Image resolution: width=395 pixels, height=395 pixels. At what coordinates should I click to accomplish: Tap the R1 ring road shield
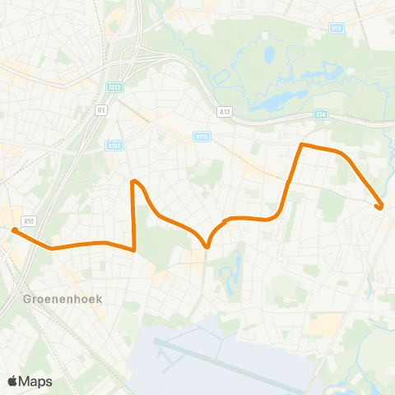[101, 109]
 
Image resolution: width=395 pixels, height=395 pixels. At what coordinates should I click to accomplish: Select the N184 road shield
[114, 146]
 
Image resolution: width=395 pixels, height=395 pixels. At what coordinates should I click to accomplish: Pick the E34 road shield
[321, 114]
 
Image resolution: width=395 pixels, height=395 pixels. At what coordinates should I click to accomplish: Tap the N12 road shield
[336, 27]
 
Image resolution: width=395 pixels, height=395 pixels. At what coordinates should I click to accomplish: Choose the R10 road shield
[29, 221]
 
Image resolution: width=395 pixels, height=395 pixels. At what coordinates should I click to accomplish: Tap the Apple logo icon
[12, 381]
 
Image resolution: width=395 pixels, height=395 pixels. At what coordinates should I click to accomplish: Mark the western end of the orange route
[14, 231]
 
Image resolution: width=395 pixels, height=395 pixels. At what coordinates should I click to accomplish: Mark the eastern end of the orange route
[379, 207]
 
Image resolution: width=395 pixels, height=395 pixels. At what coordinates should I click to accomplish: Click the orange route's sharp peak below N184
[133, 180]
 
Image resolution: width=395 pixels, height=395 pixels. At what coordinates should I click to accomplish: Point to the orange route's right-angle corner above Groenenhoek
[133, 250]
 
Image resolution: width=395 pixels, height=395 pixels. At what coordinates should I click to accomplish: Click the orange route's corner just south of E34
[302, 145]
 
